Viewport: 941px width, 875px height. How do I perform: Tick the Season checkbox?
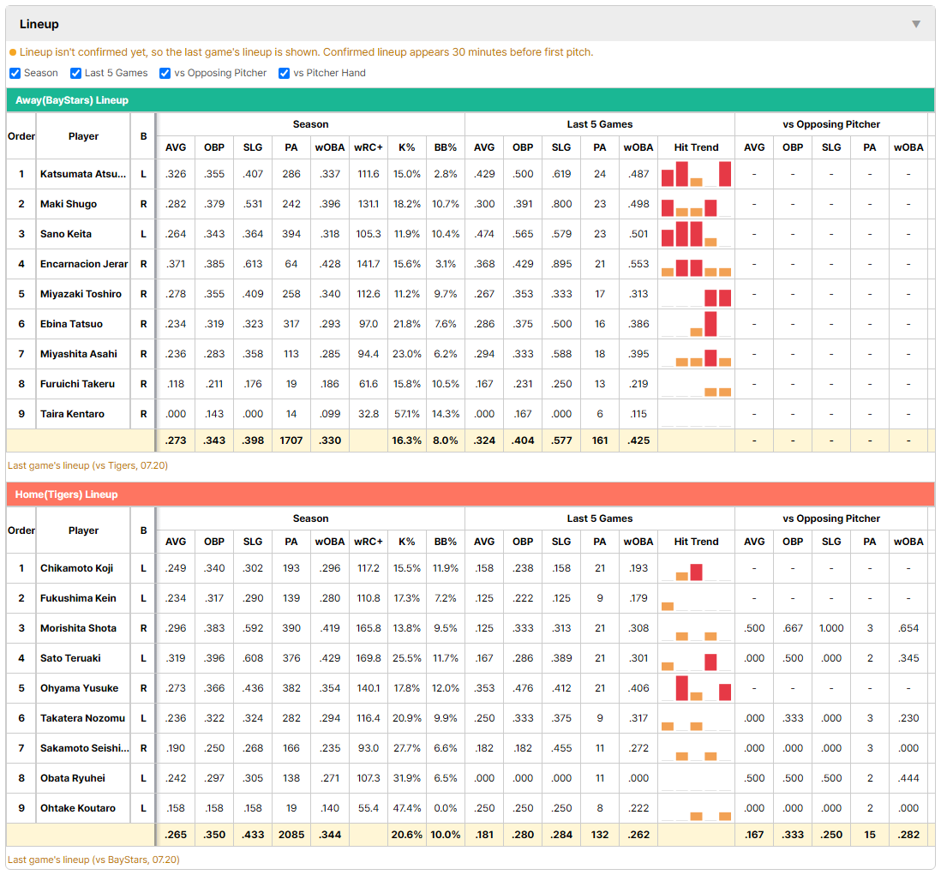tap(15, 73)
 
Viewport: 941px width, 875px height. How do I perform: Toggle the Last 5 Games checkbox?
tap(75, 73)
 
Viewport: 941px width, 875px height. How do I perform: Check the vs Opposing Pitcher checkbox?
tap(165, 73)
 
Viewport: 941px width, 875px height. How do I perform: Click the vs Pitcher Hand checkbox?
tap(284, 73)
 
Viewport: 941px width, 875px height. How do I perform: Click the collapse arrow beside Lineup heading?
tap(916, 24)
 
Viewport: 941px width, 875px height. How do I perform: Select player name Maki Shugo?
tap(69, 204)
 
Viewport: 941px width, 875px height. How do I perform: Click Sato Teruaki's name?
tap(70, 658)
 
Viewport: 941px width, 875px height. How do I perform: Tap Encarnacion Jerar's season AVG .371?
tap(176, 264)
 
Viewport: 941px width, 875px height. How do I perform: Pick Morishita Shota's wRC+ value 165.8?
tap(369, 628)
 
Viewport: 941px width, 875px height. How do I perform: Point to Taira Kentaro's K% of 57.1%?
tap(407, 414)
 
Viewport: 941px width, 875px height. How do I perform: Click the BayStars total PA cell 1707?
tap(291, 440)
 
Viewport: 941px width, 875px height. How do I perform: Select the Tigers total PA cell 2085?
tap(291, 835)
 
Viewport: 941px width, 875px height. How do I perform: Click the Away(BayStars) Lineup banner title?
tap(72, 100)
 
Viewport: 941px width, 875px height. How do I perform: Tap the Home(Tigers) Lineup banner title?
tap(67, 494)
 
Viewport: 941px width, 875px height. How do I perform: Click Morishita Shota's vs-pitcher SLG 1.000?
tap(831, 628)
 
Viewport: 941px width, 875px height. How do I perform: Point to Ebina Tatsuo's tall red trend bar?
tap(710, 323)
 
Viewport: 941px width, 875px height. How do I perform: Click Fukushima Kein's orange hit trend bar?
tap(668, 606)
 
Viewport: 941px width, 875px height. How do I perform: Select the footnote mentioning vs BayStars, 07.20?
tap(93, 860)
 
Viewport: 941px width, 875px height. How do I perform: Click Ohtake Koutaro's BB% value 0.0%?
tap(446, 808)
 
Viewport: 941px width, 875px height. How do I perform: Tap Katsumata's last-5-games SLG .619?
tap(561, 174)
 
